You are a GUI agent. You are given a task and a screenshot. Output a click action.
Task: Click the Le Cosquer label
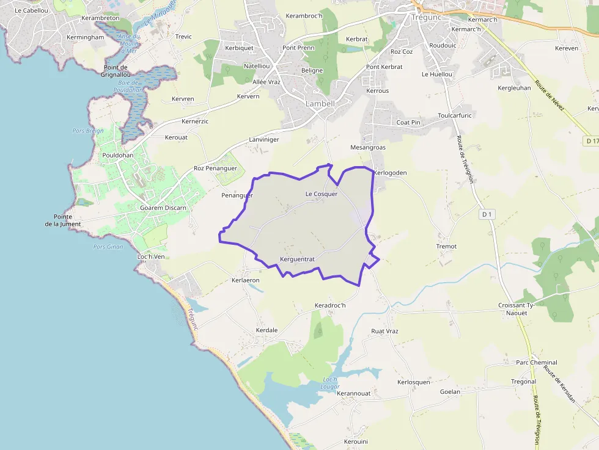(x=322, y=194)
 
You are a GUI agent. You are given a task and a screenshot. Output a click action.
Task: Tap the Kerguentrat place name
(x=297, y=259)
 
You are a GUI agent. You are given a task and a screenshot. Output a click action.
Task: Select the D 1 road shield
(x=487, y=214)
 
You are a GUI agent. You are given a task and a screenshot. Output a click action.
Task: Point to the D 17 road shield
(x=590, y=141)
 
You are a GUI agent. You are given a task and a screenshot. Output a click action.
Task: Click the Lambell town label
(x=320, y=104)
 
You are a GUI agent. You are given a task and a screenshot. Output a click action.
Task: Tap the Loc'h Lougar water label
(x=329, y=383)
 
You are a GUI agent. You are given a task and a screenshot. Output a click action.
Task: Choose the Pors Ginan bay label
(x=108, y=247)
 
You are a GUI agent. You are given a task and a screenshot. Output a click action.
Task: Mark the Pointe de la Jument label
(x=63, y=220)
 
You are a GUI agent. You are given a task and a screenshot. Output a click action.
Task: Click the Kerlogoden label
(x=389, y=173)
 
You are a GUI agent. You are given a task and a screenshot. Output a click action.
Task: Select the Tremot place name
(x=446, y=247)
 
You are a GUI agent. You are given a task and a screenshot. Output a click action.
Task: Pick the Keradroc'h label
(x=330, y=305)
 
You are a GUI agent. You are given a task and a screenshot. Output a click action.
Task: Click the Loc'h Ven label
(x=151, y=256)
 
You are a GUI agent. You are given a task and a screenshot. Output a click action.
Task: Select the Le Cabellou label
(x=31, y=11)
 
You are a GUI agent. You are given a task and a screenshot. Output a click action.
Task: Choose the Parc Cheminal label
(x=537, y=363)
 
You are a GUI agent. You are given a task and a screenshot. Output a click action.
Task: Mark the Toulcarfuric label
(x=455, y=115)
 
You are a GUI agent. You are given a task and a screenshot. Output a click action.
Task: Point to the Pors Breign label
(x=88, y=131)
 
